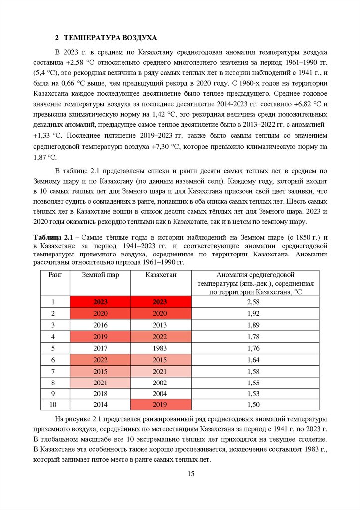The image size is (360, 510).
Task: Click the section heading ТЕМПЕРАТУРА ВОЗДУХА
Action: click(x=110, y=38)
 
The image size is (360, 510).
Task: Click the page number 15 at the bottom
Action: click(x=190, y=473)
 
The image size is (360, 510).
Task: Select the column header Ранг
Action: click(x=55, y=275)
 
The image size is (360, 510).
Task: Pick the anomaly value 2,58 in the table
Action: click(x=253, y=302)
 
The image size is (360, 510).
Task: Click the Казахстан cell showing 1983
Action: click(x=160, y=348)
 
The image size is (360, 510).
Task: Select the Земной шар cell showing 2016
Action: click(x=101, y=325)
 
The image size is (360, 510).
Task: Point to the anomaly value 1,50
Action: click(x=253, y=405)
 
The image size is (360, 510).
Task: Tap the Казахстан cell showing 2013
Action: click(x=160, y=325)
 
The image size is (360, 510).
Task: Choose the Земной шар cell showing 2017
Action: click(x=101, y=348)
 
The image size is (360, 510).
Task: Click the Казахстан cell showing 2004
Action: click(x=160, y=393)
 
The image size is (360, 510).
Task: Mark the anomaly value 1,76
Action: click(x=253, y=348)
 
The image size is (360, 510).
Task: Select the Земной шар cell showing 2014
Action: click(x=101, y=405)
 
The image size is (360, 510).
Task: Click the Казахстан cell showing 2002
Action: click(x=160, y=382)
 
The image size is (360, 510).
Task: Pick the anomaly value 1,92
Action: click(x=253, y=313)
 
